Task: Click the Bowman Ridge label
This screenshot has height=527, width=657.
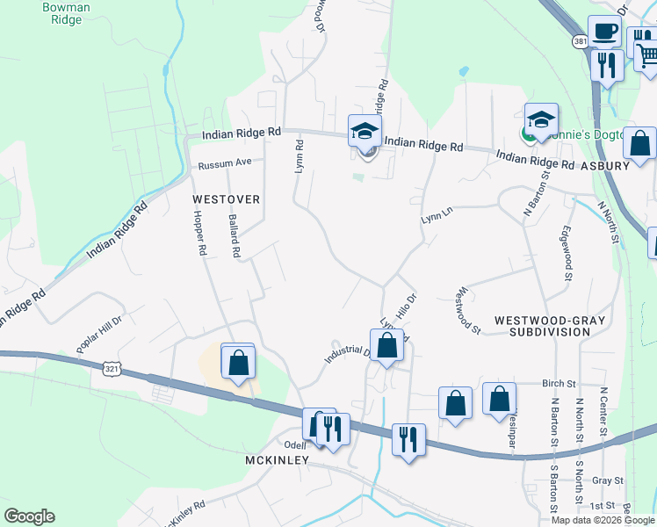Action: point(61,13)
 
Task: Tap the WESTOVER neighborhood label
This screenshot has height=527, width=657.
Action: point(227,199)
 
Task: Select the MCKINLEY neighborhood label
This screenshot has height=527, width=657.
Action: point(277,460)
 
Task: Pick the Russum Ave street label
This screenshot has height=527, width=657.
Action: point(225,163)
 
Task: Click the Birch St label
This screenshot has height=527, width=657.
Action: point(559,384)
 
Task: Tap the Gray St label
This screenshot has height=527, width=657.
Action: point(607,480)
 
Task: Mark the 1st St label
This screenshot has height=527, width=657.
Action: point(603,506)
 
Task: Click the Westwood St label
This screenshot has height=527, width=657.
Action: point(469,310)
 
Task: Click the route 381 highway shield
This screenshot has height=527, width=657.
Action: point(580,41)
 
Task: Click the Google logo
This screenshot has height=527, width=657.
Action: point(29,516)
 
